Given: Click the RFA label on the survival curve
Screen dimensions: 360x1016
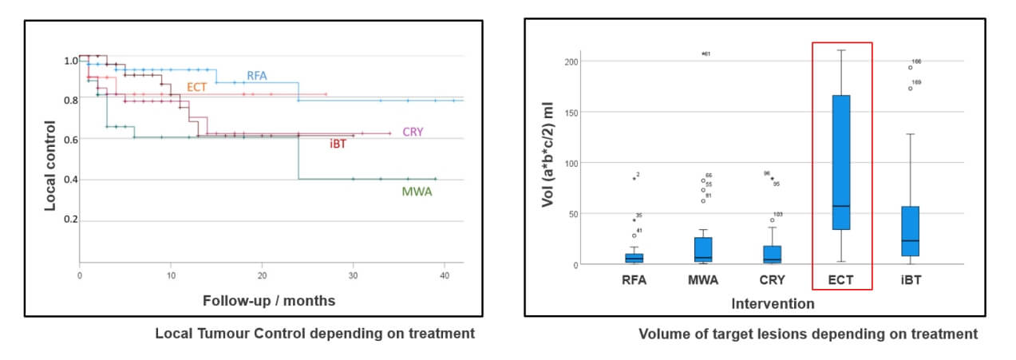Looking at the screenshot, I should [257, 77].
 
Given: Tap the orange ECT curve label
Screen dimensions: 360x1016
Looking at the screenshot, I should [197, 87].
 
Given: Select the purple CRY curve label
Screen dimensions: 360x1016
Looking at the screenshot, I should [413, 132].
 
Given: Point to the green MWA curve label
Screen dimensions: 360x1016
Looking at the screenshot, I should [415, 192].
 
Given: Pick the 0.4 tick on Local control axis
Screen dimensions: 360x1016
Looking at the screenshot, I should [71, 180].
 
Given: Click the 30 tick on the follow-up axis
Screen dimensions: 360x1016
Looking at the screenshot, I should [353, 275].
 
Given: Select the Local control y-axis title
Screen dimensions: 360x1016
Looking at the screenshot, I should [50, 165].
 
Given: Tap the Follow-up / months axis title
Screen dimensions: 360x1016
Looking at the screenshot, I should [268, 301].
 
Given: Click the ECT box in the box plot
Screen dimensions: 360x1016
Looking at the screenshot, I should [841, 162].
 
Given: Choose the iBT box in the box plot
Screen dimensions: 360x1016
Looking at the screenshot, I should [910, 231].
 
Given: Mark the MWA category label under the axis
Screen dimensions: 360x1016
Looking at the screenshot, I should [703, 280].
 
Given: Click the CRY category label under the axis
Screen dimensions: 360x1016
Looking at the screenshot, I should [772, 280].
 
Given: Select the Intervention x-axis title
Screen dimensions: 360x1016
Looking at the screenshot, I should [772, 303].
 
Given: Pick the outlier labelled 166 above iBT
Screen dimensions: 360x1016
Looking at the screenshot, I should [910, 68].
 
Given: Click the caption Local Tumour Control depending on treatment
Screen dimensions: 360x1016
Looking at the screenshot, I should [314, 334].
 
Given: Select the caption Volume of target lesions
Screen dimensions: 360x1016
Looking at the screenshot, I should [808, 334].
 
